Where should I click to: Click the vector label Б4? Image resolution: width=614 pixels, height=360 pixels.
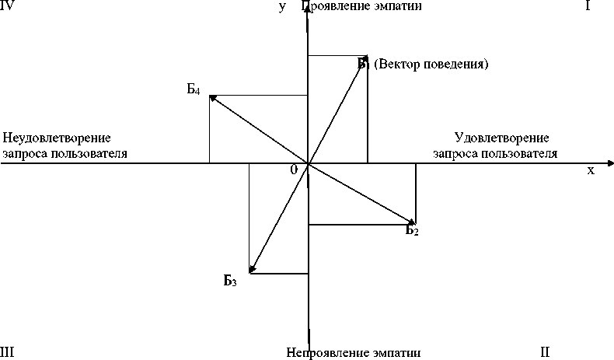194,89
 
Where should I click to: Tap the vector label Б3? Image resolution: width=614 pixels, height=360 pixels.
229,281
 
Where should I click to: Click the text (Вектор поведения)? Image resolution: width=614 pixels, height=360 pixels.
431,64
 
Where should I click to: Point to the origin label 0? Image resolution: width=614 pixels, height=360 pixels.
294,170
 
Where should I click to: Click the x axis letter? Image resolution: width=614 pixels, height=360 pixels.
591,170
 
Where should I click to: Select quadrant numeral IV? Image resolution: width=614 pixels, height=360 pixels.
9,6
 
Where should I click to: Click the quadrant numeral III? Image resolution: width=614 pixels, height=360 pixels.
8,352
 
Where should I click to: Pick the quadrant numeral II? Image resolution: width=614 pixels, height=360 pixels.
545,352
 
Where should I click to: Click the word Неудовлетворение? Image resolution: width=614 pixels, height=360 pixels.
56,138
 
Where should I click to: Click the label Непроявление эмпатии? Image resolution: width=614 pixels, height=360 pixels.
353,352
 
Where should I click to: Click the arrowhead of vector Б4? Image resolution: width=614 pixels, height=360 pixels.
213,97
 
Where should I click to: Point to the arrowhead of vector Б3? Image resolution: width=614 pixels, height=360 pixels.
251,269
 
